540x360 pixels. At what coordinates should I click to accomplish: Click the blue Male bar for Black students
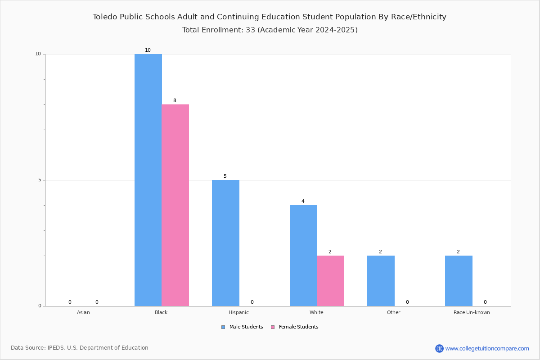148,180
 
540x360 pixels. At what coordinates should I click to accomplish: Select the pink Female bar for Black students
175,205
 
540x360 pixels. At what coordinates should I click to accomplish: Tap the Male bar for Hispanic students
225,243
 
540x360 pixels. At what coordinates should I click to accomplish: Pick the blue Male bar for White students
303,256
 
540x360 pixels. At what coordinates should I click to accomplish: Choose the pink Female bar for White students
330,281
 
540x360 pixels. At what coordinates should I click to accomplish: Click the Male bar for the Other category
381,281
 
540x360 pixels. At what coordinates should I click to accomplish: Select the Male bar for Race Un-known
459,281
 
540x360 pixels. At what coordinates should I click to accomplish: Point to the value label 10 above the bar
148,50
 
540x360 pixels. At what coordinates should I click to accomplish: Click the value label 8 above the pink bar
175,100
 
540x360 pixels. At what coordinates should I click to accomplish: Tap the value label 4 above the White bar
303,201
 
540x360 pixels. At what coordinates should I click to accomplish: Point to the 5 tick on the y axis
40,180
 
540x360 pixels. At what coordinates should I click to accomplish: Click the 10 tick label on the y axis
38,54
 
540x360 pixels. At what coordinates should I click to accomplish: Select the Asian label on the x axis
83,312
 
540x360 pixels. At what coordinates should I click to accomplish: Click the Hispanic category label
238,312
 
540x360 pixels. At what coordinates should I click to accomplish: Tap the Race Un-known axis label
472,312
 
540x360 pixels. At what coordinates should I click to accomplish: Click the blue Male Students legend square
223,327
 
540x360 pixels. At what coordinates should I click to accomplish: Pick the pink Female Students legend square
273,327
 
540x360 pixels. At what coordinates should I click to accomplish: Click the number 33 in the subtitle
251,30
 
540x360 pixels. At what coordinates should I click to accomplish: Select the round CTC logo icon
439,348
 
